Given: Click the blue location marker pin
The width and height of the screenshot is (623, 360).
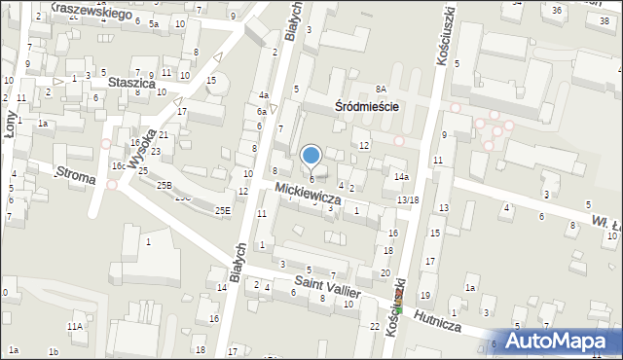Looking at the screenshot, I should point(311,155).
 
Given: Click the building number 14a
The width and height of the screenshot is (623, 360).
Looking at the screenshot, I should point(400,177).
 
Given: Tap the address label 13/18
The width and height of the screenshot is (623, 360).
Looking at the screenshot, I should point(408,200).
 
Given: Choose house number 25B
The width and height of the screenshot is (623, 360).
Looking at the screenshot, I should point(165,185).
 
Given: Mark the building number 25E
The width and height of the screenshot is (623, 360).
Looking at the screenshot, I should point(223,210).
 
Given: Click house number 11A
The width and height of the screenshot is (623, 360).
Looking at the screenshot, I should point(75,327).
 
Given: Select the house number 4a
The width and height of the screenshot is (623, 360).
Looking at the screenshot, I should point(263,95).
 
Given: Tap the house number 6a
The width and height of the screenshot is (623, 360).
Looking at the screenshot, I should point(261,112).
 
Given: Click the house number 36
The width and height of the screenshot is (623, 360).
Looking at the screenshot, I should point(557,11).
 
